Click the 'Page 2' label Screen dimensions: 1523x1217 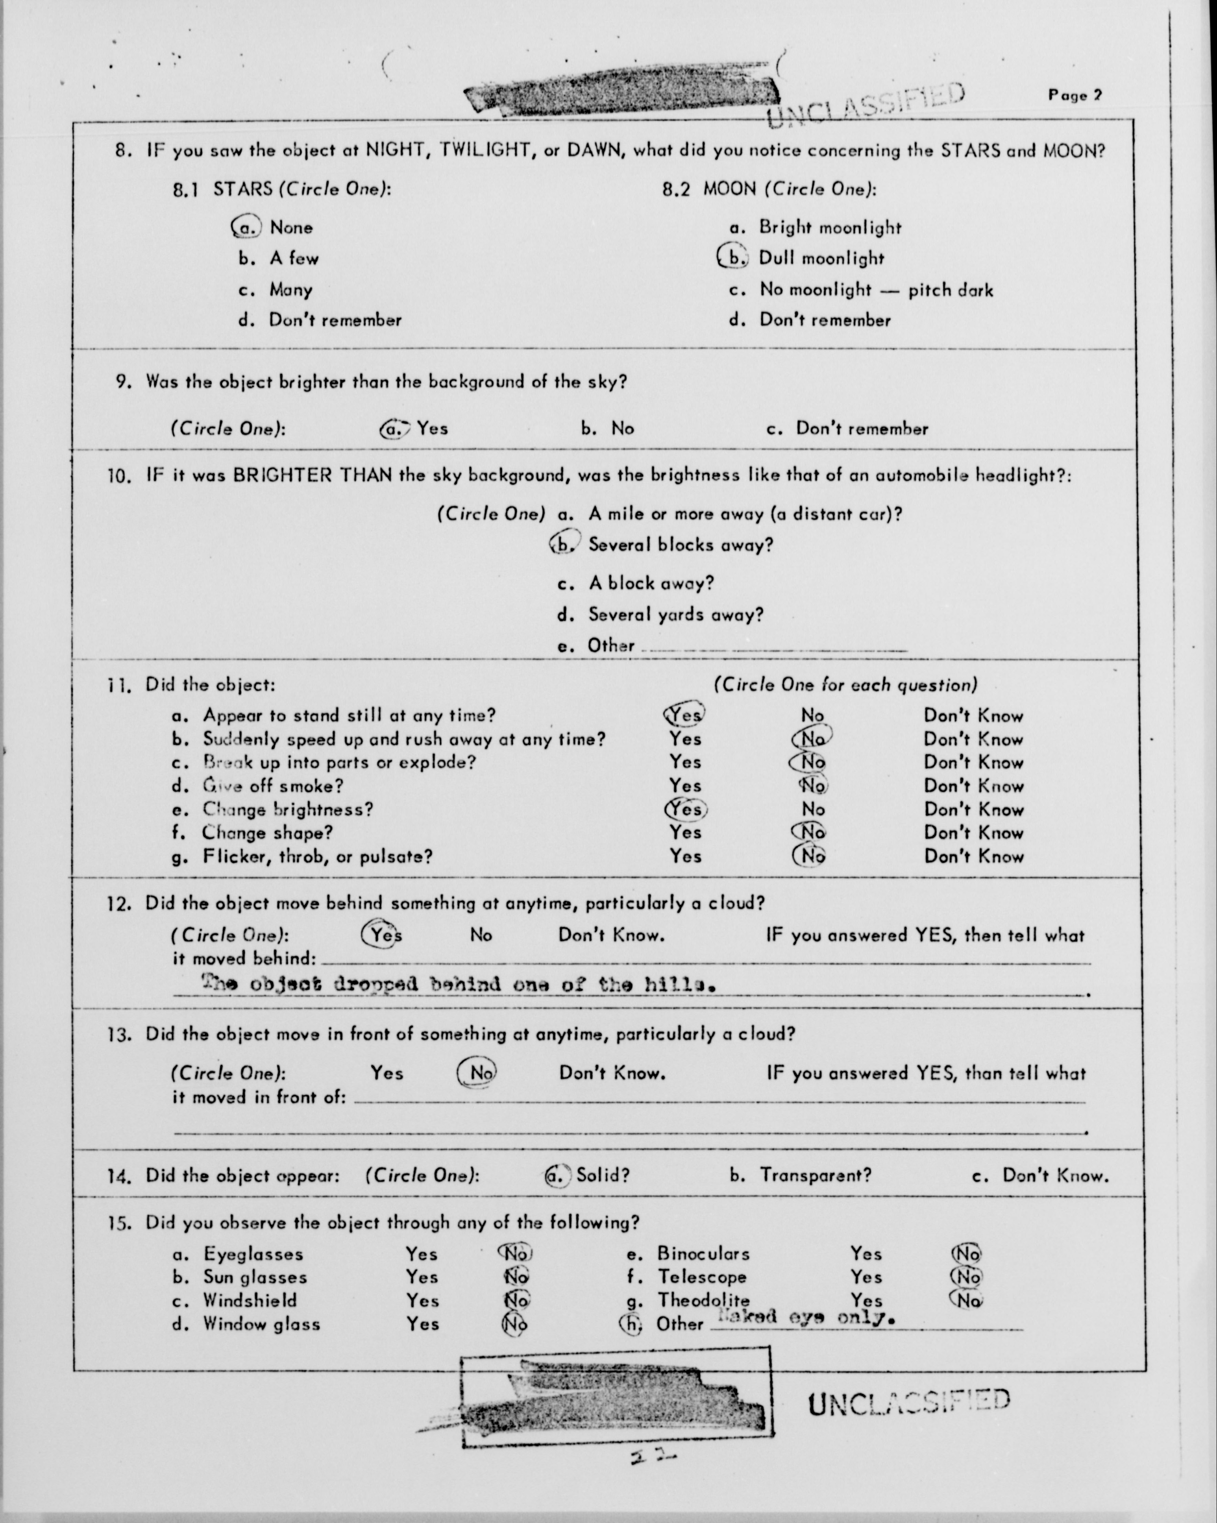point(1075,95)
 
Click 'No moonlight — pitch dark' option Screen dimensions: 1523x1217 point(876,290)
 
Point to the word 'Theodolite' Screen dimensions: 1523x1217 point(703,1300)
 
